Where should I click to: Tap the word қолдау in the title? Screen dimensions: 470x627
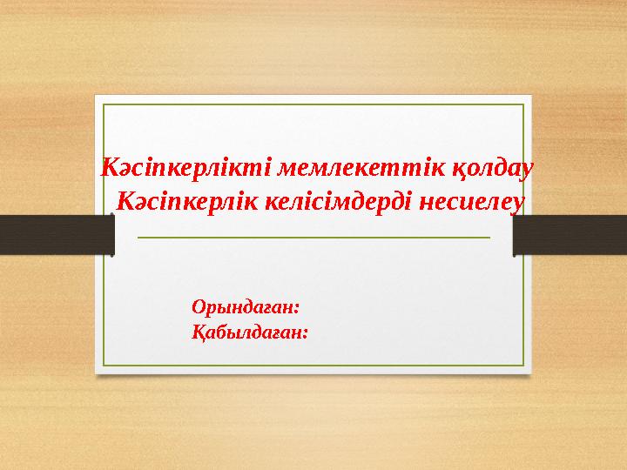(483, 166)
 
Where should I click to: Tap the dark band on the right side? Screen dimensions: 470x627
(570, 235)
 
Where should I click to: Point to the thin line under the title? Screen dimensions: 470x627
(314, 236)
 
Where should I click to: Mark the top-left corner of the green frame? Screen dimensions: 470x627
(104, 105)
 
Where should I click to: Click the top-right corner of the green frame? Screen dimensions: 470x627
(523, 105)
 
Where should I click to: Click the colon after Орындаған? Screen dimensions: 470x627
(297, 309)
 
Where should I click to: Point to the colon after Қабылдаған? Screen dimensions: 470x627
(306, 333)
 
